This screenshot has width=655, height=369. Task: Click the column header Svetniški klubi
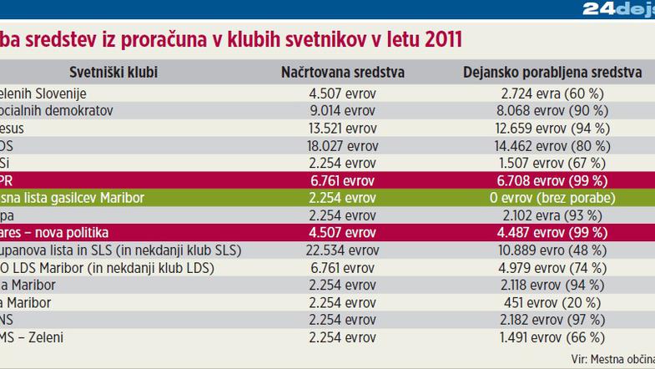pyautogui.click(x=113, y=73)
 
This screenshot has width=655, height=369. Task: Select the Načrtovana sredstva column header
pyautogui.click(x=342, y=73)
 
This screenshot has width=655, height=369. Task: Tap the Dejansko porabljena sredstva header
pyautogui.click(x=552, y=73)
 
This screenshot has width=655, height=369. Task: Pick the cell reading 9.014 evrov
pyautogui.click(x=342, y=110)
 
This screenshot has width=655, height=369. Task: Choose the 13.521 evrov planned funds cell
pyautogui.click(x=342, y=128)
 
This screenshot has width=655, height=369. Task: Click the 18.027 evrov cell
pyautogui.click(x=342, y=145)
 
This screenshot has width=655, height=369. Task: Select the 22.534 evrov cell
pyautogui.click(x=342, y=250)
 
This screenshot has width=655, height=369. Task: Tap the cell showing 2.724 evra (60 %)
pyautogui.click(x=552, y=94)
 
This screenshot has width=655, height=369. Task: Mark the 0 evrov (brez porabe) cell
pyautogui.click(x=552, y=198)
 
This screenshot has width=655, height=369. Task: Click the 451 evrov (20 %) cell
pyautogui.click(x=552, y=303)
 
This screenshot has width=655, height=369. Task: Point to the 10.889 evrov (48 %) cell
pyautogui.click(x=552, y=250)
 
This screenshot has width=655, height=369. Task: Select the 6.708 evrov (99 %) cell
pyautogui.click(x=552, y=180)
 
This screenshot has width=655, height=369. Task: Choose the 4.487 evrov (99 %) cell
pyautogui.click(x=552, y=233)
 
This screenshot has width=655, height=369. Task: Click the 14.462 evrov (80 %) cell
pyautogui.click(x=552, y=145)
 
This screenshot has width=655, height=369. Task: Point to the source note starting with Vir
pyautogui.click(x=612, y=359)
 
